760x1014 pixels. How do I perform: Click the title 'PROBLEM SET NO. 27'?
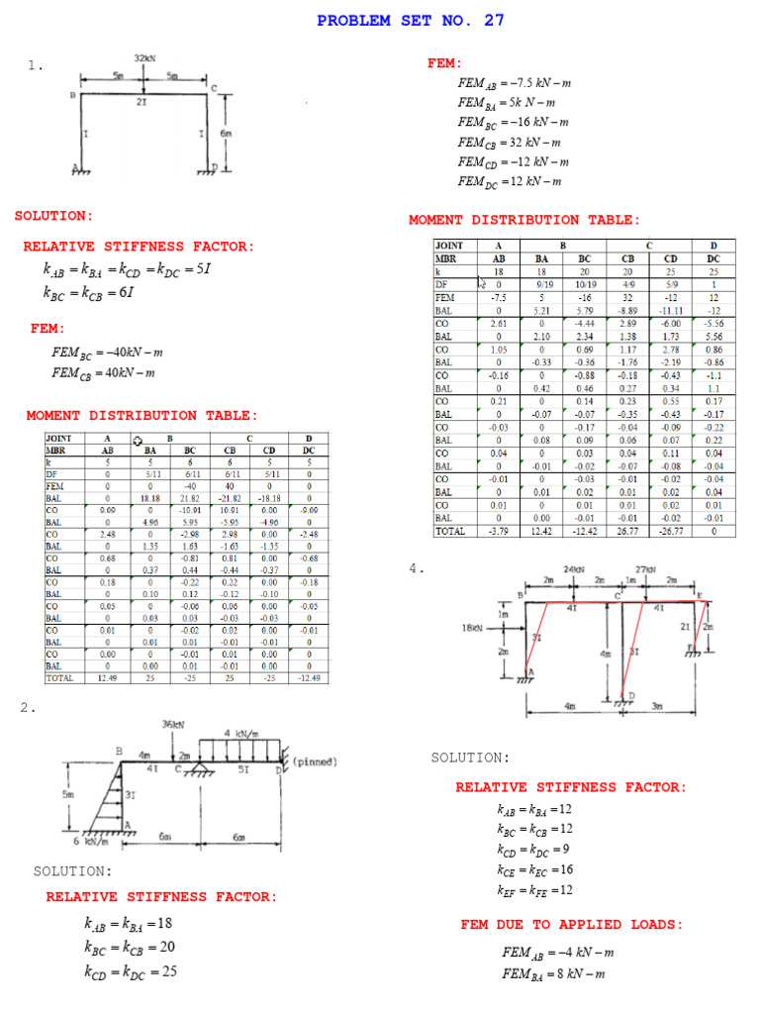click(x=410, y=21)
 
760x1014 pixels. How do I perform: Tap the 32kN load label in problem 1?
click(x=145, y=58)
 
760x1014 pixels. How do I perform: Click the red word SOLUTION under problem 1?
click(x=53, y=216)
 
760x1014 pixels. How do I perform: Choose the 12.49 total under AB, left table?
click(x=108, y=678)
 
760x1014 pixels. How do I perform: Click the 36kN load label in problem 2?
click(x=174, y=725)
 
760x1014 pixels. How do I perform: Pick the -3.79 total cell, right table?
click(x=499, y=531)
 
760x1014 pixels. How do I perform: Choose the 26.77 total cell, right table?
click(x=627, y=531)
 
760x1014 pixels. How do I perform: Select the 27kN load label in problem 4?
click(x=646, y=569)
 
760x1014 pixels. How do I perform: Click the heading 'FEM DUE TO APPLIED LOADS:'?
click(x=571, y=925)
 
